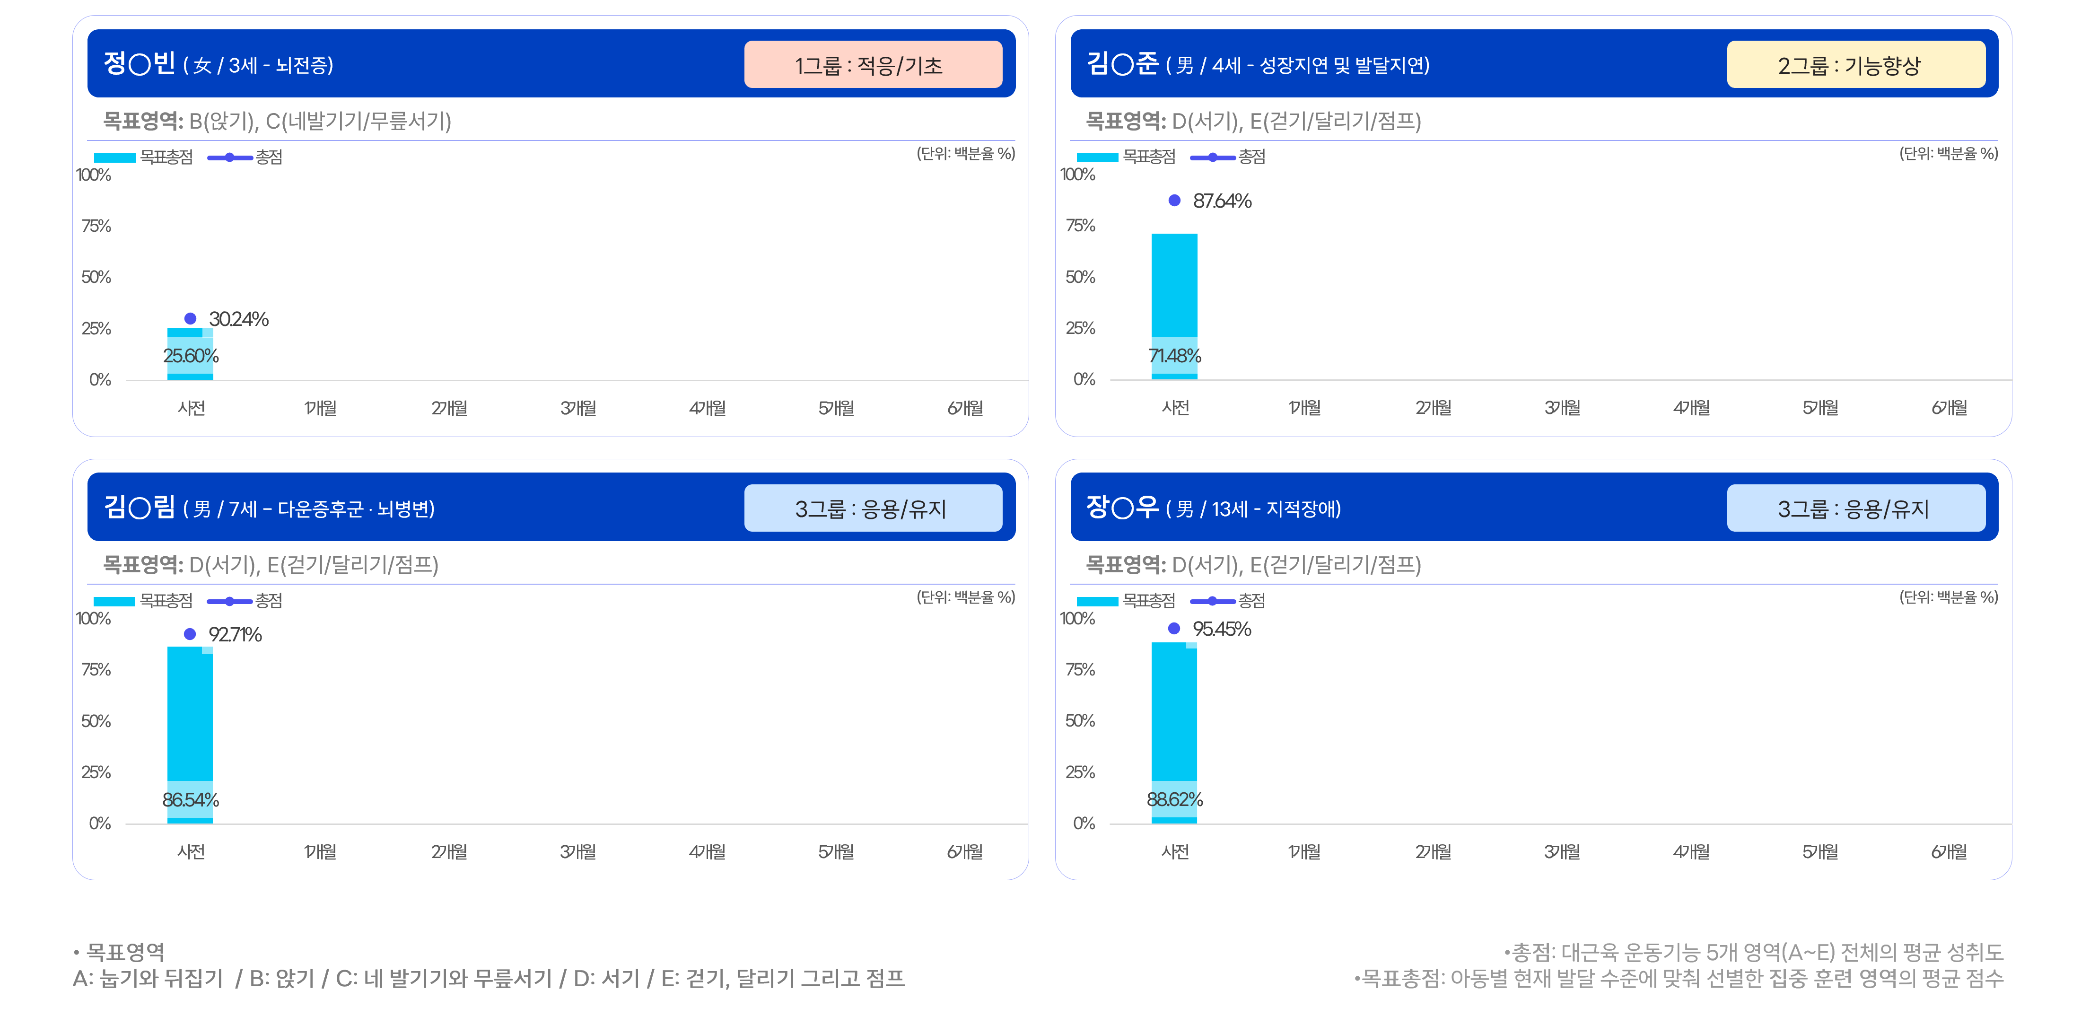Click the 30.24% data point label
238,319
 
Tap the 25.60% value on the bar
191,355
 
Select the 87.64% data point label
1222,200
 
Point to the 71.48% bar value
1175,355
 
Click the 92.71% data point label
235,634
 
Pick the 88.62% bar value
1175,799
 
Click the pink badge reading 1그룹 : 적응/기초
873,65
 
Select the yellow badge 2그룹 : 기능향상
1855,65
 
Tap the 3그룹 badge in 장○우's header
1855,508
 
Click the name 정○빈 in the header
139,63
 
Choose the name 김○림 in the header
139,507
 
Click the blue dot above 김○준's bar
1175,200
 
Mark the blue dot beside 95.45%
1175,629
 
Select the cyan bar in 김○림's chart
190,735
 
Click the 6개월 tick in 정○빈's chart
965,408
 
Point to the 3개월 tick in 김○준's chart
1562,408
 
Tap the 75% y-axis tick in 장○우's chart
1080,670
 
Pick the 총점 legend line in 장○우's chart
1213,601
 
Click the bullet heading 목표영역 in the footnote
125,952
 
